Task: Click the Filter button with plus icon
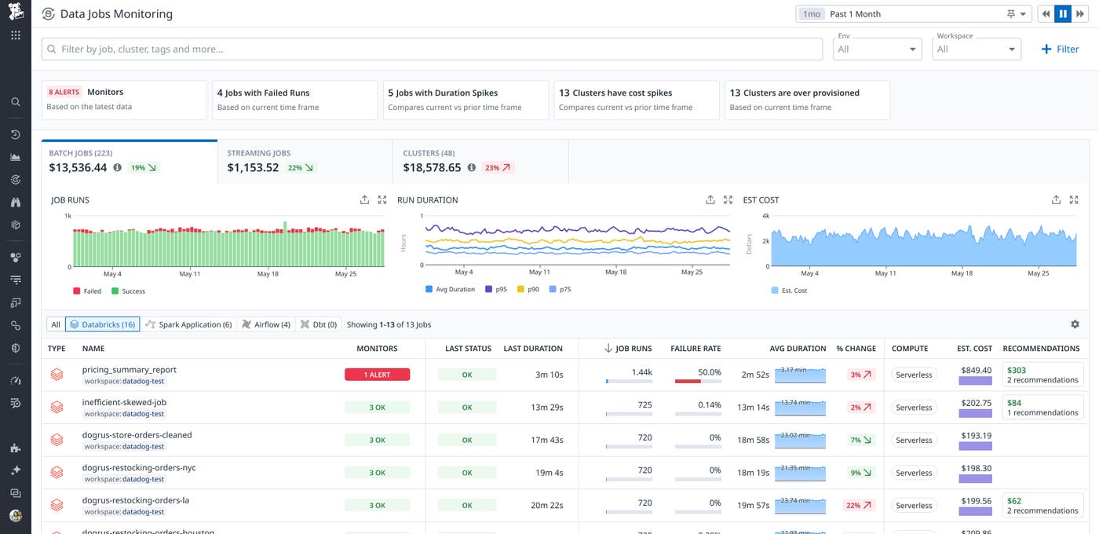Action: pyautogui.click(x=1060, y=49)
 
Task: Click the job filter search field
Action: pyautogui.click(x=432, y=49)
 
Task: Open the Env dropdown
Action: pyautogui.click(x=877, y=49)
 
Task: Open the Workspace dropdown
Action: pyautogui.click(x=977, y=49)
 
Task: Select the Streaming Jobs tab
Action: pyautogui.click(x=305, y=161)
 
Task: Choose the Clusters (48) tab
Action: pyautogui.click(x=480, y=161)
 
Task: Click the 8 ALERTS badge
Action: pyautogui.click(x=64, y=92)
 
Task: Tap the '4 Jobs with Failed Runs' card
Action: pyautogui.click(x=294, y=100)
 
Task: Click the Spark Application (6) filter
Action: pyautogui.click(x=188, y=324)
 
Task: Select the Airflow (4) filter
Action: pyautogui.click(x=266, y=324)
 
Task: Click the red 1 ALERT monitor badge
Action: pyautogui.click(x=377, y=375)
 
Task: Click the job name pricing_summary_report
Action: pyautogui.click(x=129, y=370)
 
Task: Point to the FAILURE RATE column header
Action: pyautogui.click(x=695, y=349)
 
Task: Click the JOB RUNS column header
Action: pyautogui.click(x=633, y=349)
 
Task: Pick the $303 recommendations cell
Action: pyautogui.click(x=1041, y=375)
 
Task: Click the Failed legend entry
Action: pyautogui.click(x=87, y=291)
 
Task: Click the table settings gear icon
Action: pyautogui.click(x=1075, y=324)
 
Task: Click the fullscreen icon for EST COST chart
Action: pyautogui.click(x=1074, y=200)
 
